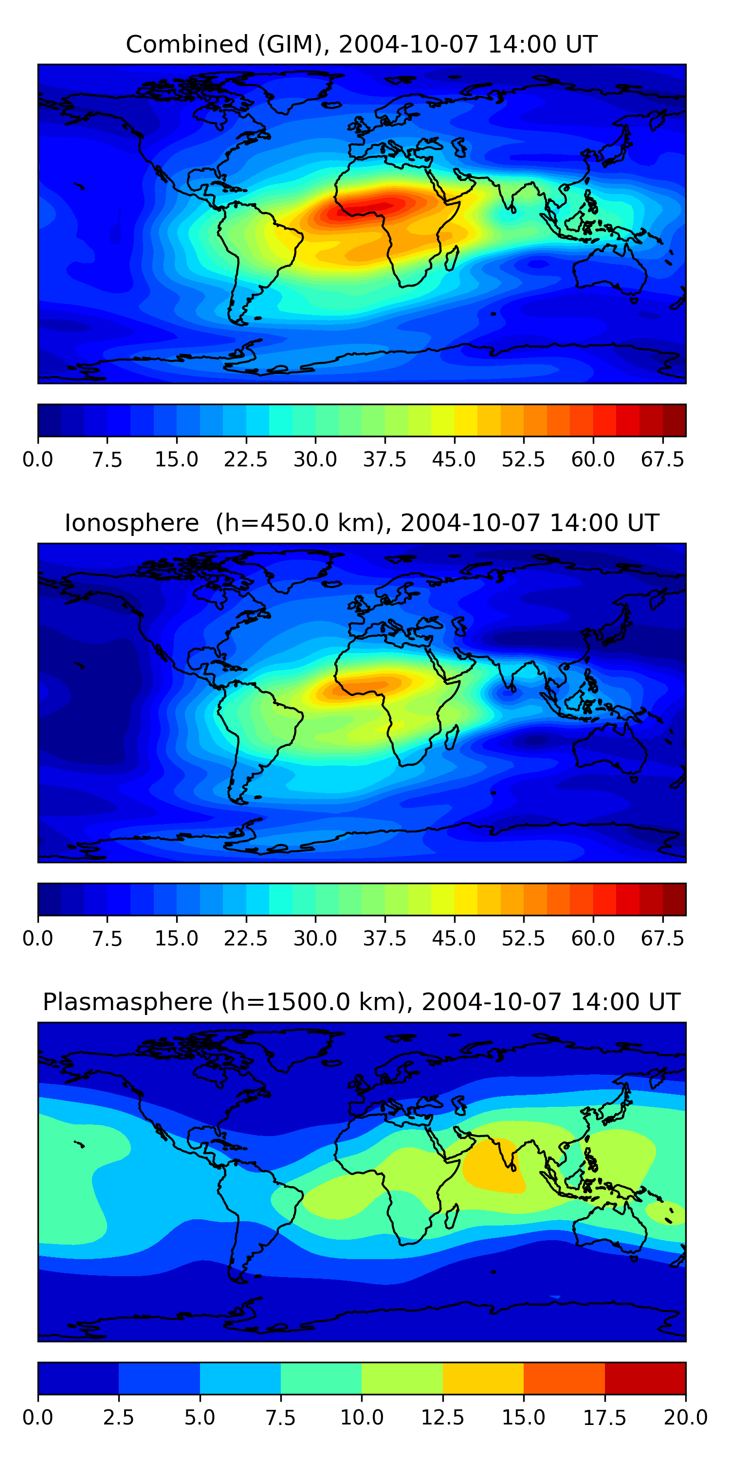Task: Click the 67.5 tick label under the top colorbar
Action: click(662, 459)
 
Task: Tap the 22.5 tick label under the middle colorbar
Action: click(245, 938)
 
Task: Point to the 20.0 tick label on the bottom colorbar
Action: click(685, 1417)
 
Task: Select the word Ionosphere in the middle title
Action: click(131, 523)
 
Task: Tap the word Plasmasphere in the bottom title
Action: click(128, 1002)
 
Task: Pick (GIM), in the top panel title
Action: click(293, 44)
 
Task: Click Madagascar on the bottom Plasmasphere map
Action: click(452, 1217)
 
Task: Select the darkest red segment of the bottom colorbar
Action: click(645, 1378)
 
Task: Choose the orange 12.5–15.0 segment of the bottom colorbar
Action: click(483, 1378)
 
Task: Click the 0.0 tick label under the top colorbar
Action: click(37, 459)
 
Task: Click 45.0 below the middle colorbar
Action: click(454, 938)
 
